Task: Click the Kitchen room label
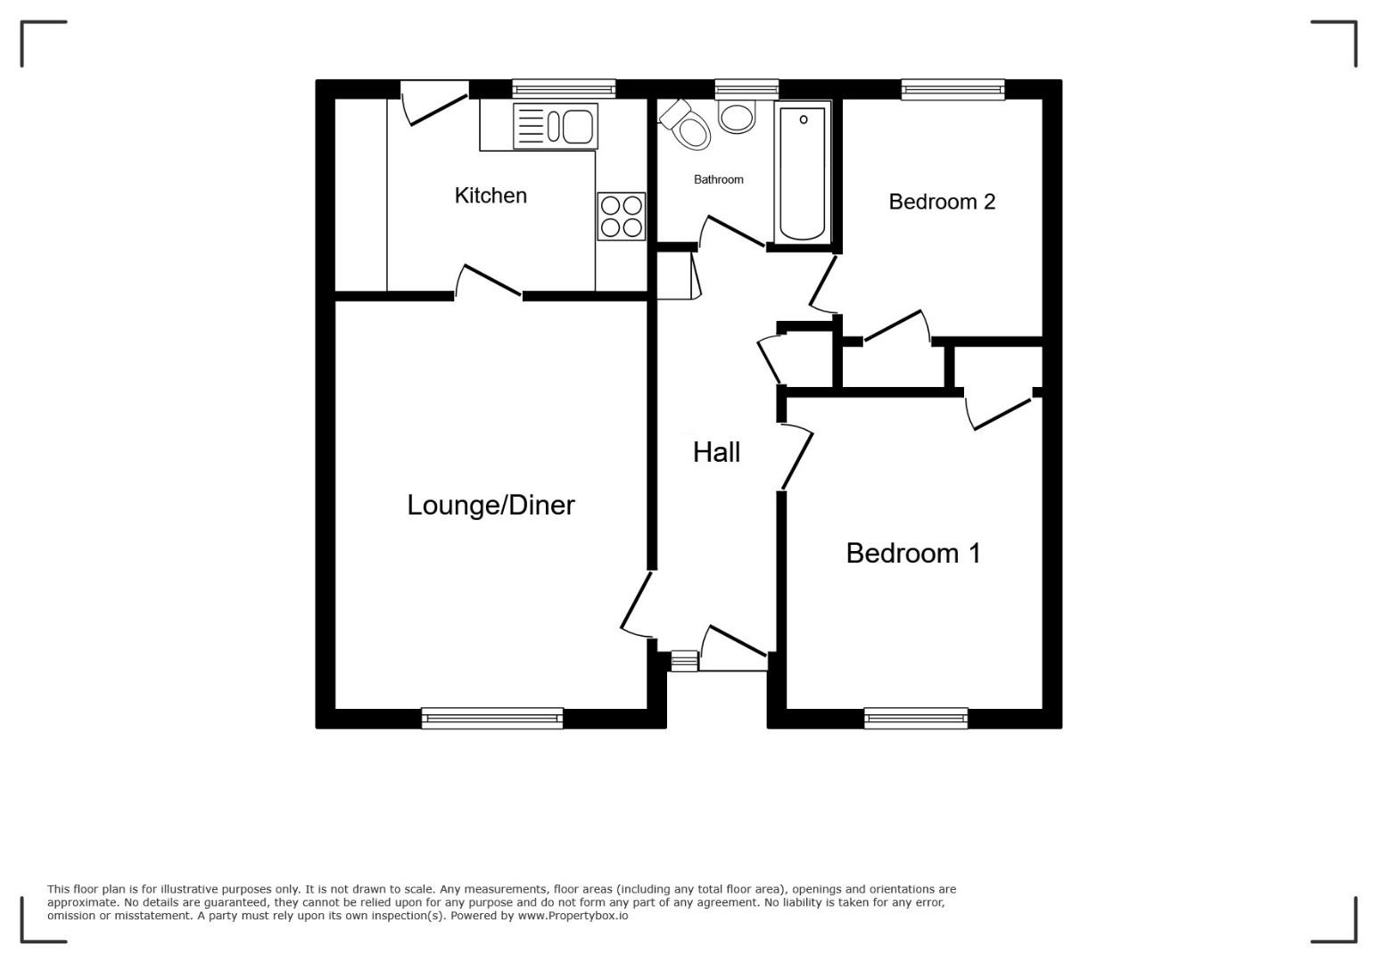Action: click(491, 195)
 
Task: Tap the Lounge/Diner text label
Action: click(491, 506)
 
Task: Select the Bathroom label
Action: click(719, 179)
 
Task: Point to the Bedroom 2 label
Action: click(942, 202)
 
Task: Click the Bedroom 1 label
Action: click(913, 553)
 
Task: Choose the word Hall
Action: click(716, 452)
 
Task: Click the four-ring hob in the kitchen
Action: click(622, 217)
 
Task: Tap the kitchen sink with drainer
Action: click(555, 126)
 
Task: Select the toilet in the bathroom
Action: click(686, 125)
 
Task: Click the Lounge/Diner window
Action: click(491, 718)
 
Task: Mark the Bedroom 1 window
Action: click(916, 718)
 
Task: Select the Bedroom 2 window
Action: click(953, 90)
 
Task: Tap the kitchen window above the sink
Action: click(564, 90)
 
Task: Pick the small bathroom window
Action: click(746, 90)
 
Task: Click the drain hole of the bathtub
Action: click(804, 119)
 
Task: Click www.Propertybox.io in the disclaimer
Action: click(573, 915)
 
